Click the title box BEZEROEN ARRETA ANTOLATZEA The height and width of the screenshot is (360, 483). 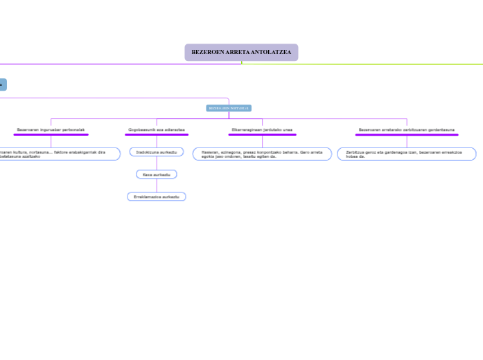point(241,53)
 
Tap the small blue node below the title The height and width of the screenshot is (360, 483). point(229,108)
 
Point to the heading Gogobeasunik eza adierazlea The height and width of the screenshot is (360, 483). point(157,129)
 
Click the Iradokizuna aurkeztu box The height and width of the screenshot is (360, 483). point(157,152)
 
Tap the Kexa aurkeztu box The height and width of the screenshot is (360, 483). point(157,174)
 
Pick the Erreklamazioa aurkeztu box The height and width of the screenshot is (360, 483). point(157,197)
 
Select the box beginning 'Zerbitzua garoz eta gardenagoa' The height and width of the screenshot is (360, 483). point(407,154)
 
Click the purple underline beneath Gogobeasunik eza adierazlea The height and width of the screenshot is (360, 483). point(157,135)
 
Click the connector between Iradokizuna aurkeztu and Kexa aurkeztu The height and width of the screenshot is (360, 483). point(157,163)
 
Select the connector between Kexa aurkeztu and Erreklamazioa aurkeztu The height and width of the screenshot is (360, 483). point(157,186)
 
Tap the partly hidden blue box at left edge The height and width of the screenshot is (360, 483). point(2,84)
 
